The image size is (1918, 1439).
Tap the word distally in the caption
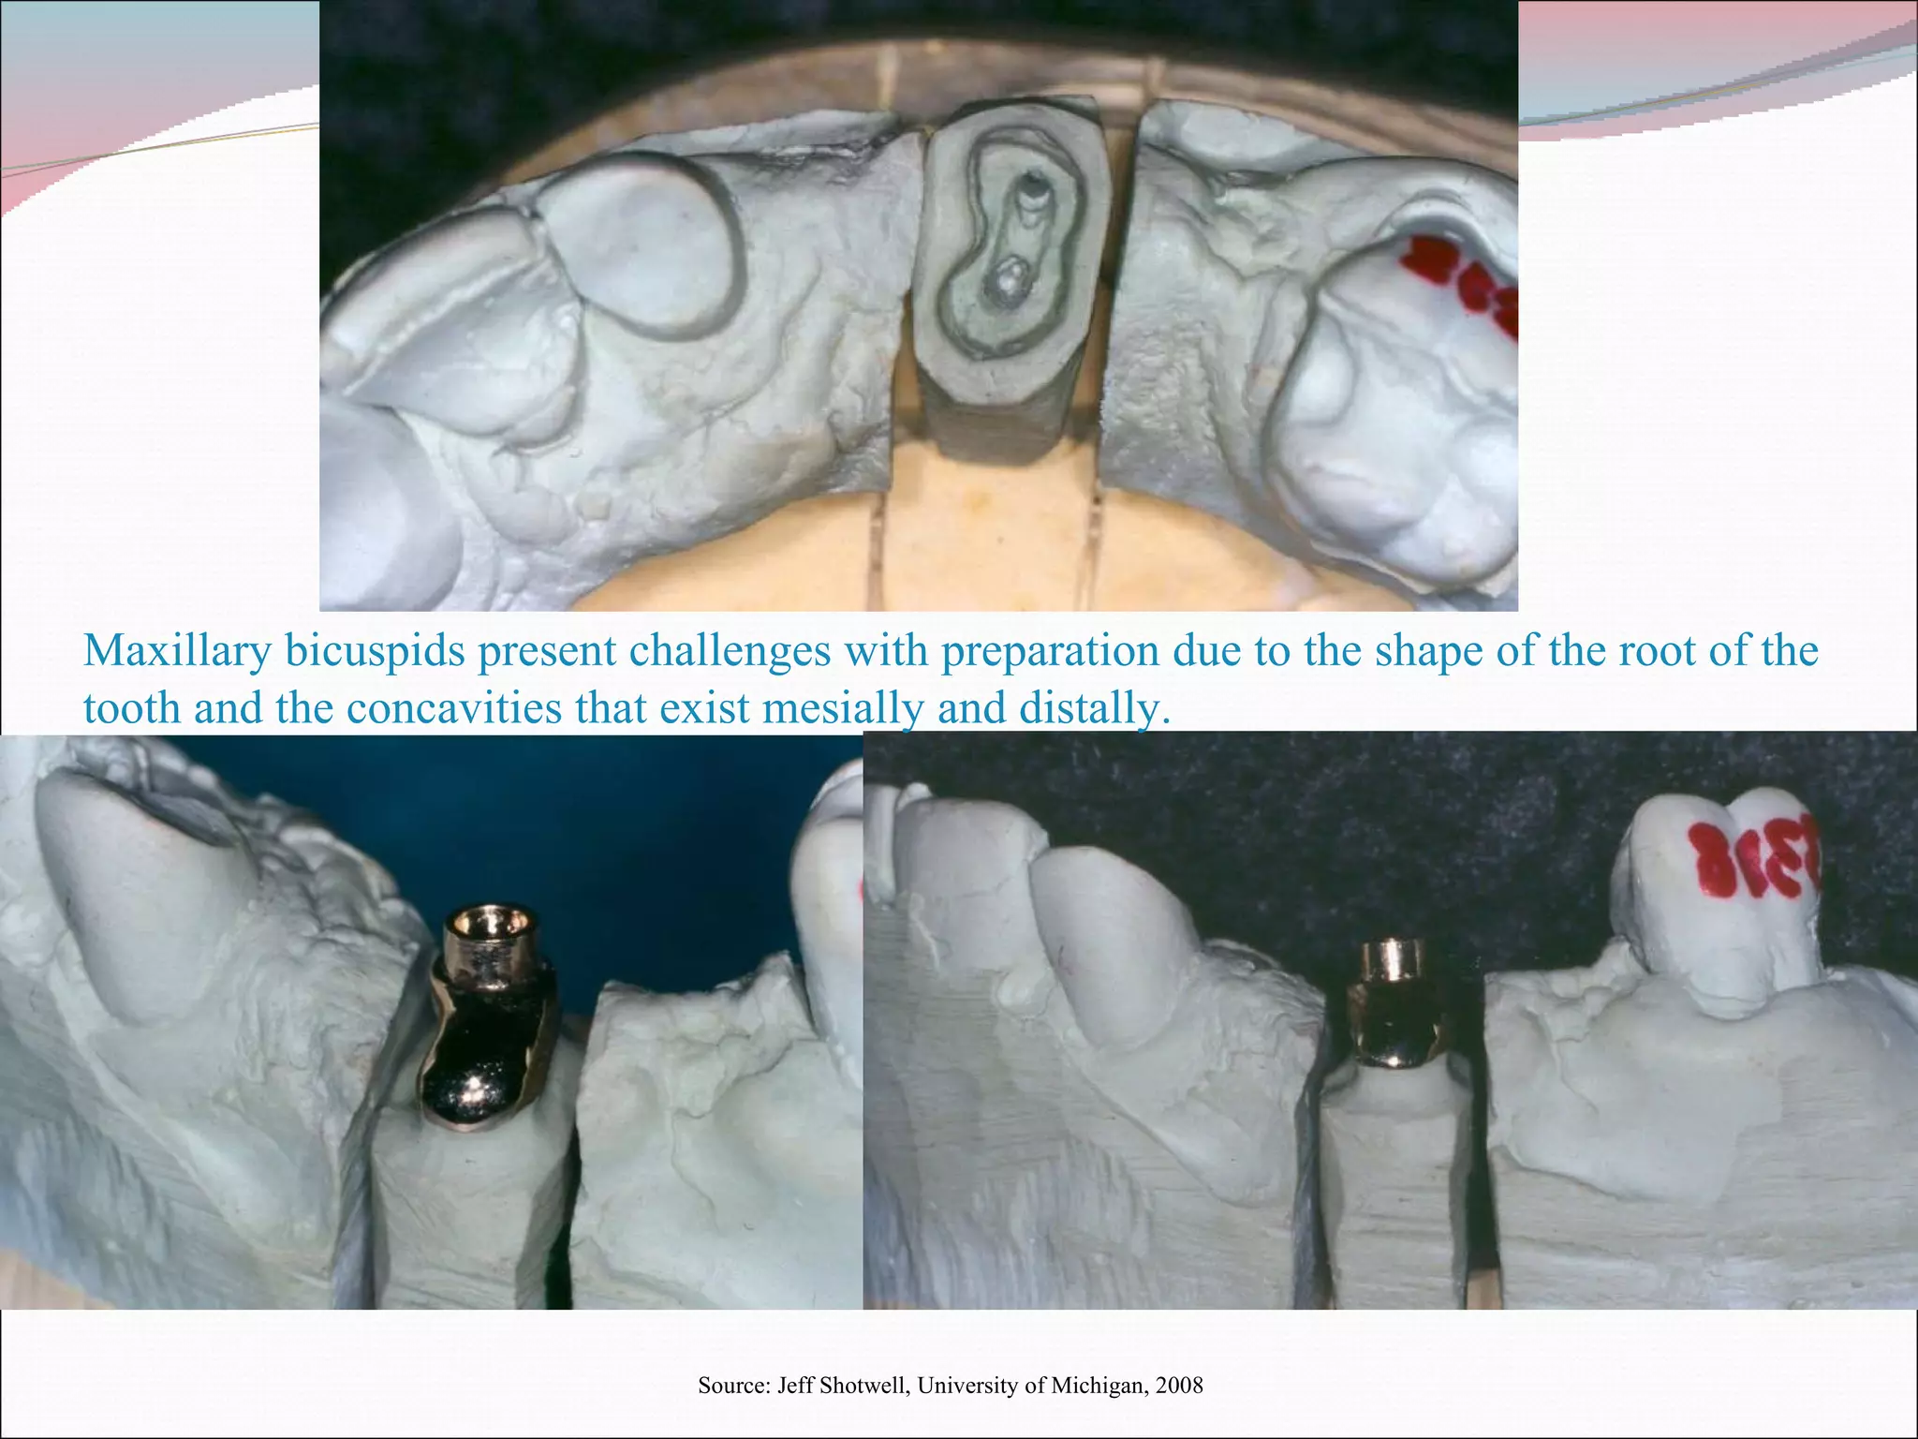click(1094, 708)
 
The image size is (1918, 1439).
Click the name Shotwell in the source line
click(863, 1386)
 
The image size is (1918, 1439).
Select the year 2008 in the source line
click(1179, 1386)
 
